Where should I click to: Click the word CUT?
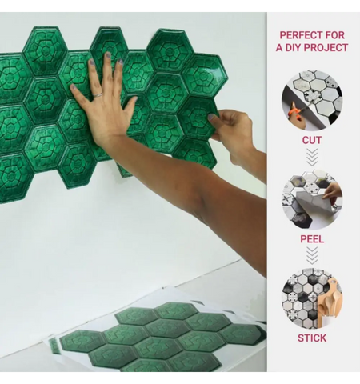(312, 140)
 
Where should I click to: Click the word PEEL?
(312, 238)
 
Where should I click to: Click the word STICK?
(312, 338)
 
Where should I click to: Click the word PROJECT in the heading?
(330, 48)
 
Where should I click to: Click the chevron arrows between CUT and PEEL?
(312, 157)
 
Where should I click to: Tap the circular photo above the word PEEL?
(312, 199)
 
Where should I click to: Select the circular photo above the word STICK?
(312, 298)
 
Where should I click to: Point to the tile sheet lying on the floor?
(160, 336)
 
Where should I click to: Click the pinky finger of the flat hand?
(78, 97)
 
